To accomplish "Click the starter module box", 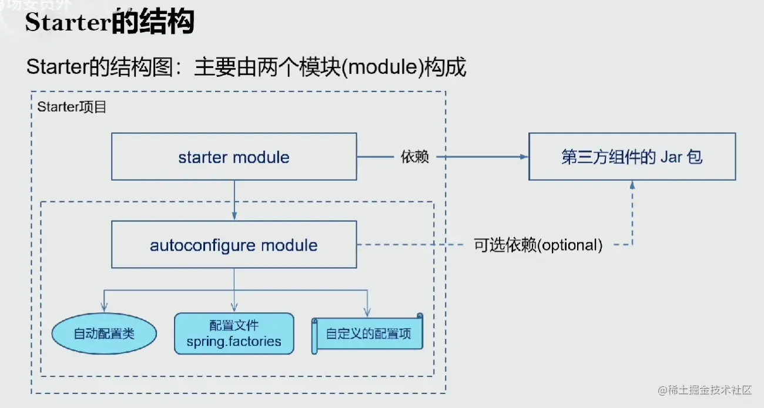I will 234,156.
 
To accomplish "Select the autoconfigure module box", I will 234,245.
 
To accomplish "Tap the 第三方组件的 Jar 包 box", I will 632,156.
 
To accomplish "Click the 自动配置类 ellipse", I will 104,334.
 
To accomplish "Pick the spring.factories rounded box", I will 234,333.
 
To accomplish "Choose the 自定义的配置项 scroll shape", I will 368,334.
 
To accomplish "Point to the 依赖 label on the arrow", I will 414,157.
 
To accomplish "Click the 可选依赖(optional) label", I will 538,245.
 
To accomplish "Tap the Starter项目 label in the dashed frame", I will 71,107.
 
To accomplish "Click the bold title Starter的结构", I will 109,22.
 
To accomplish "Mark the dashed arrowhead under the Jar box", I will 632,184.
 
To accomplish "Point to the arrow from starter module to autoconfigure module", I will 234,200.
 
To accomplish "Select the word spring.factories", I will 234,341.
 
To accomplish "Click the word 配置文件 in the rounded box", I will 234,325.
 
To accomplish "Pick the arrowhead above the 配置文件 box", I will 234,308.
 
